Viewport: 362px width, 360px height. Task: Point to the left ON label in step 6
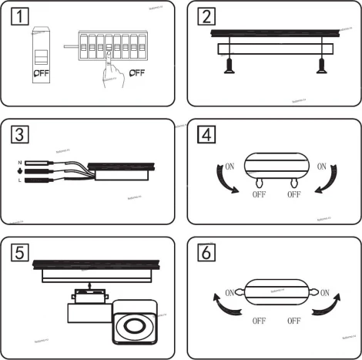coord(229,292)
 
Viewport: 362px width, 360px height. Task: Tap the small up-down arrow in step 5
coord(90,285)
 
